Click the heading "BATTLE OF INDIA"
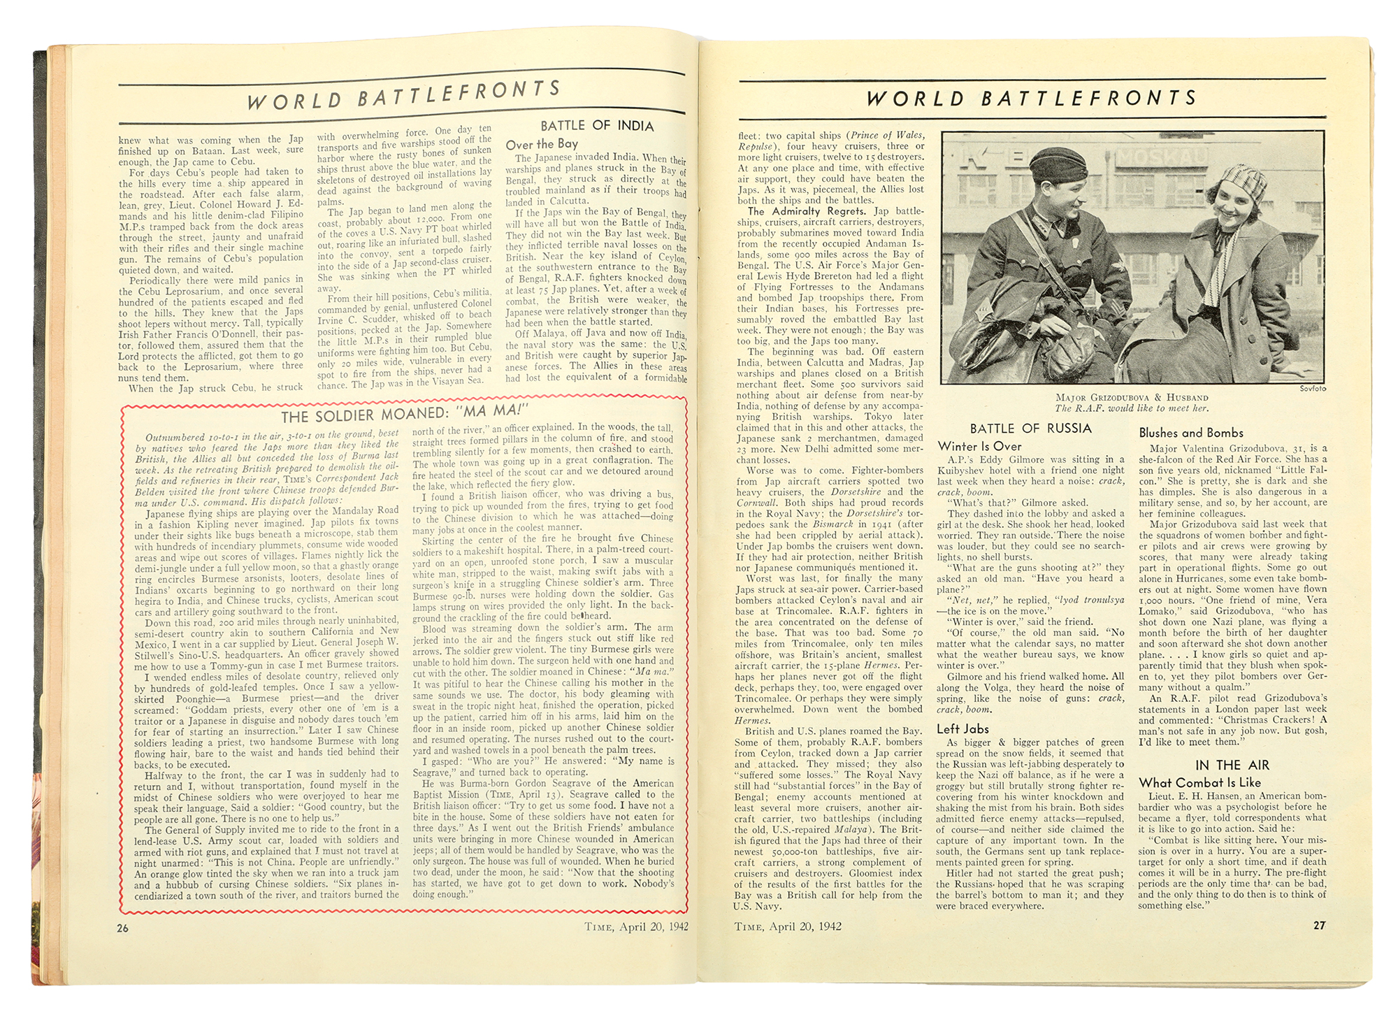(x=597, y=126)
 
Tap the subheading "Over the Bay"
(x=542, y=144)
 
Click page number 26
(x=124, y=928)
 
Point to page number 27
(x=1319, y=925)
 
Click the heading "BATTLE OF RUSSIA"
(x=1030, y=429)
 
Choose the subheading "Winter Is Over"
(x=979, y=446)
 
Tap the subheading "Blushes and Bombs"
(x=1191, y=433)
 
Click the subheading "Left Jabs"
(x=963, y=728)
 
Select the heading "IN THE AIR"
(x=1232, y=765)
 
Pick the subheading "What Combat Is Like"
(x=1199, y=782)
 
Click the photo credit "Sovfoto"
(x=1313, y=389)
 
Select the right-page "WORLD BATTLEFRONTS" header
(x=1032, y=98)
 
